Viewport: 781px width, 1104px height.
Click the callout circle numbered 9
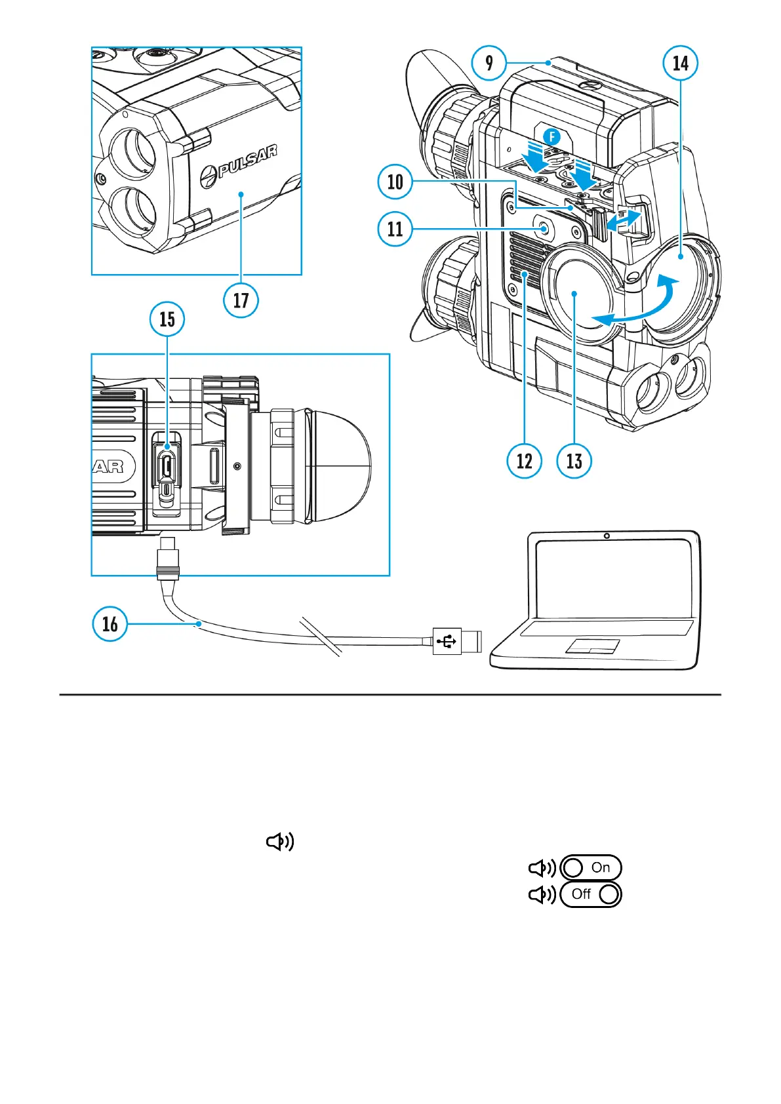(489, 63)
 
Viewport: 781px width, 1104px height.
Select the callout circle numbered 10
(395, 182)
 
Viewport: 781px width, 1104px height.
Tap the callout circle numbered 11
(395, 229)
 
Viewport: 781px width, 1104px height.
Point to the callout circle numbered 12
(524, 461)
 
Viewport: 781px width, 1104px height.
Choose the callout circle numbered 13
(574, 461)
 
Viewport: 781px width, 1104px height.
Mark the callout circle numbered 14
(681, 63)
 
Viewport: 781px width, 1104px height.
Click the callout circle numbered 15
(167, 319)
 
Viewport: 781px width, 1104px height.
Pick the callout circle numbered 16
(110, 623)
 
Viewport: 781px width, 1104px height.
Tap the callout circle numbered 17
(241, 300)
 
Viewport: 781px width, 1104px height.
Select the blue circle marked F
(553, 137)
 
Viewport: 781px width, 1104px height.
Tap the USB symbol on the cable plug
(447, 641)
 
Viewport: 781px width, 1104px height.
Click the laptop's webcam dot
(607, 536)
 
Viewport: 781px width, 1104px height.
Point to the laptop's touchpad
(593, 646)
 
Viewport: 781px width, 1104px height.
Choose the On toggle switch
(591, 867)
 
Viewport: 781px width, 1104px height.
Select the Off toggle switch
(591, 894)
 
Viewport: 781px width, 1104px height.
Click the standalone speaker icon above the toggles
(280, 842)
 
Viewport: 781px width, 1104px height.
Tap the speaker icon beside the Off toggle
(542, 894)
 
